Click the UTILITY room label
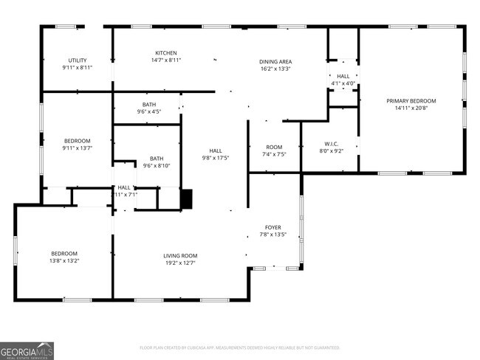point(78,60)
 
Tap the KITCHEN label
point(165,52)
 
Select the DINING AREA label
point(275,61)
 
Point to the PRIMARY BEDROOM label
point(411,101)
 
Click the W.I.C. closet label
point(331,143)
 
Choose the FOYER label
point(273,227)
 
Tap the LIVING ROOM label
point(180,256)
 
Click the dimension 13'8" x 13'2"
point(64,261)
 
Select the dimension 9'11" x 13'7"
point(77,148)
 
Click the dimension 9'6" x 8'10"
point(157,166)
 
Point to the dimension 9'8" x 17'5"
point(216,158)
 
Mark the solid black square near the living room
point(186,198)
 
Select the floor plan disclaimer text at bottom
point(239,347)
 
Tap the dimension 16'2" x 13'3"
point(275,69)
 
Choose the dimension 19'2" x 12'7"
point(180,263)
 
